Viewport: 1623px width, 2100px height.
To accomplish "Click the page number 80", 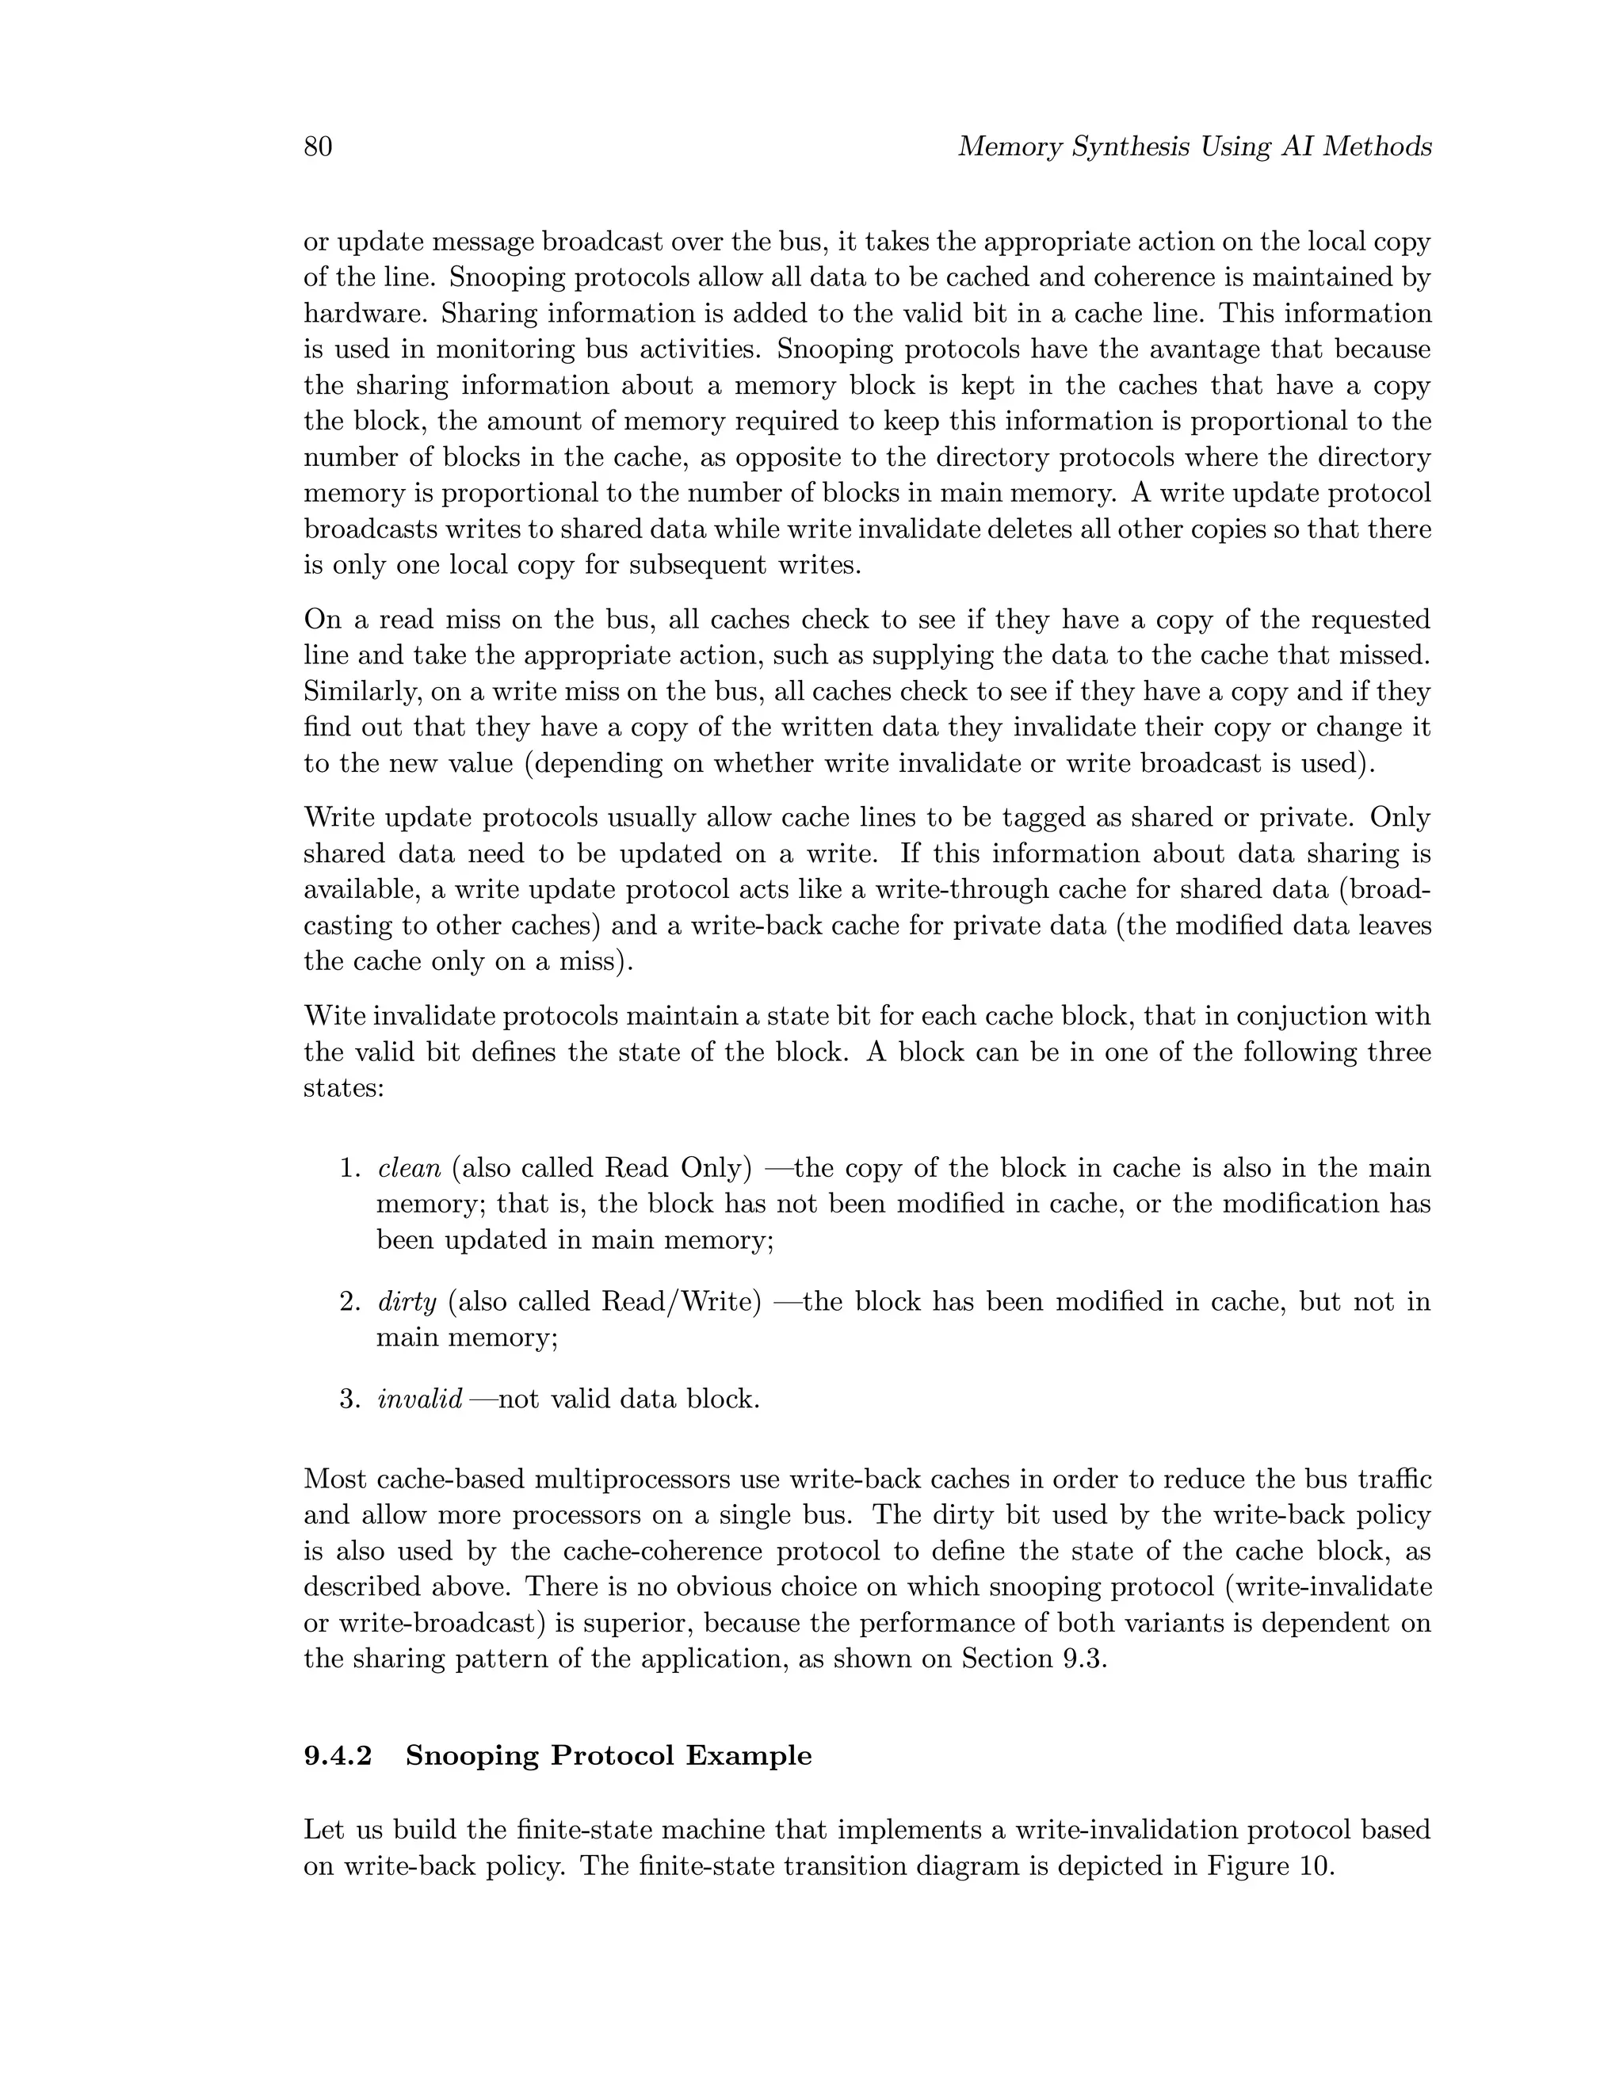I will pos(319,147).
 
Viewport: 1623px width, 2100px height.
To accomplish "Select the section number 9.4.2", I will pos(338,1756).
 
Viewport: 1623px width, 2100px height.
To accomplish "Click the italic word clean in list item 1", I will pos(410,1168).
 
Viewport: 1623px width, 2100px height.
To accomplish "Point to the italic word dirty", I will pos(407,1302).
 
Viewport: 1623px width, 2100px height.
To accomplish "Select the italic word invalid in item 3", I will pos(420,1399).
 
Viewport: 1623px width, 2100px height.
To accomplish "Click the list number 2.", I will pos(349,1302).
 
